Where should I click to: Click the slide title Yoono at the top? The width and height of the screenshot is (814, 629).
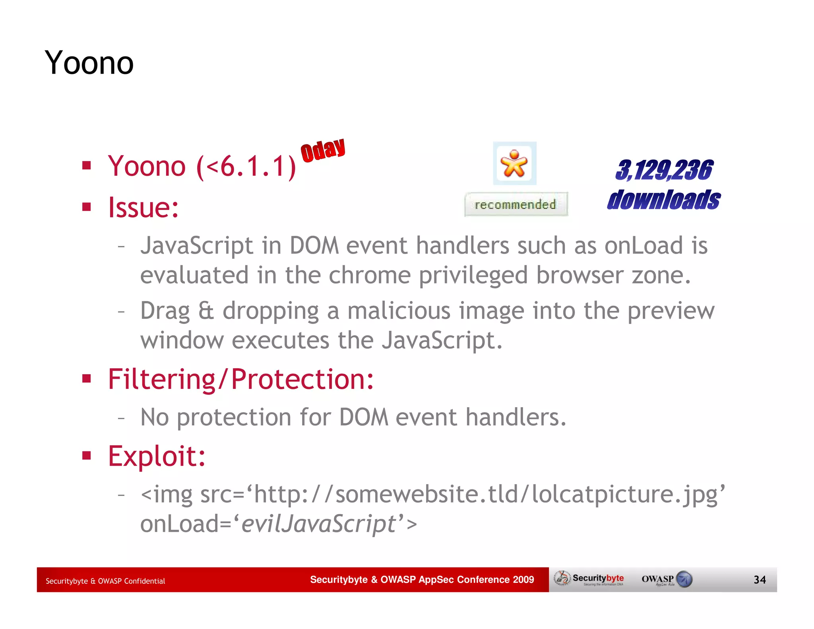pos(89,63)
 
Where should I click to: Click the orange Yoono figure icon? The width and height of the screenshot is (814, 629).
pos(514,163)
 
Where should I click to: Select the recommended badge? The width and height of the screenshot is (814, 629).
pos(516,204)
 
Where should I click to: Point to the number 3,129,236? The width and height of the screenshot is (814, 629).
pos(664,170)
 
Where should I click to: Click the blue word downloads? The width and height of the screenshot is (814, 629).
pos(664,200)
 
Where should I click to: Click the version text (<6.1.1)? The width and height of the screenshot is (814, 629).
pos(246,166)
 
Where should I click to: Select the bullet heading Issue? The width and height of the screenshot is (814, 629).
pos(143,207)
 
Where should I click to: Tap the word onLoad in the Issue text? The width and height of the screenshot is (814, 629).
pos(643,245)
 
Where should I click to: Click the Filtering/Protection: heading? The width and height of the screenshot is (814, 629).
pos(241,379)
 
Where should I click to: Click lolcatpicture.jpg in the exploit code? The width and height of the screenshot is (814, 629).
pos(624,495)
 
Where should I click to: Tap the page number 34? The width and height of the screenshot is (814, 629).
pos(760,579)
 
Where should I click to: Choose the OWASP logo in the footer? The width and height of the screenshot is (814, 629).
pos(667,579)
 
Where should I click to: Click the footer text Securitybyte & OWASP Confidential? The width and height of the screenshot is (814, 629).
pos(105,581)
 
